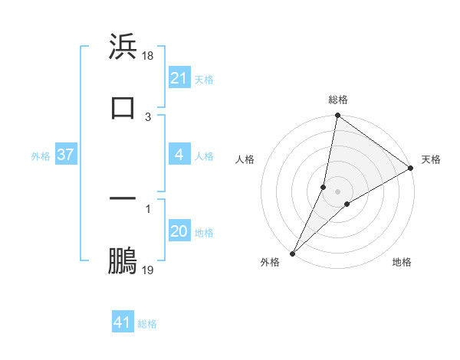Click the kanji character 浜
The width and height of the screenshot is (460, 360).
point(123,47)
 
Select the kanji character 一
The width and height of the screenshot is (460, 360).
point(123,198)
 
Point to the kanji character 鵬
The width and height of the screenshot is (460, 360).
point(123,261)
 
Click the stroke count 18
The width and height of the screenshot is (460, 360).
point(148,56)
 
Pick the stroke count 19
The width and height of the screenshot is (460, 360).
point(148,270)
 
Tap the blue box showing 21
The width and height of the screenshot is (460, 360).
point(179,78)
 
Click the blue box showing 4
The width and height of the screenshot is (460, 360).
point(179,155)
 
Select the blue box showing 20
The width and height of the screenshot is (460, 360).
point(179,232)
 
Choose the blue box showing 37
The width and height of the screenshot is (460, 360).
point(65,155)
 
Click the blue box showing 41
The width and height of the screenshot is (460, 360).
point(123,323)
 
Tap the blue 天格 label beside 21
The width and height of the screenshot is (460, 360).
point(204,79)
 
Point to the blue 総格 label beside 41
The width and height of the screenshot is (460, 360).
point(147,324)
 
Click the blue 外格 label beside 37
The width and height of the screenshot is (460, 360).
point(41,156)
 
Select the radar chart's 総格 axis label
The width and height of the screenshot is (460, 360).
point(338,100)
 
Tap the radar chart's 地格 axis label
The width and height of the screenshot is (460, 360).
point(402,262)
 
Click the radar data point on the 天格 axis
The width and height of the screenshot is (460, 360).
point(411,169)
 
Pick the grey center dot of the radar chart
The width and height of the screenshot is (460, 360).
point(338,191)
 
